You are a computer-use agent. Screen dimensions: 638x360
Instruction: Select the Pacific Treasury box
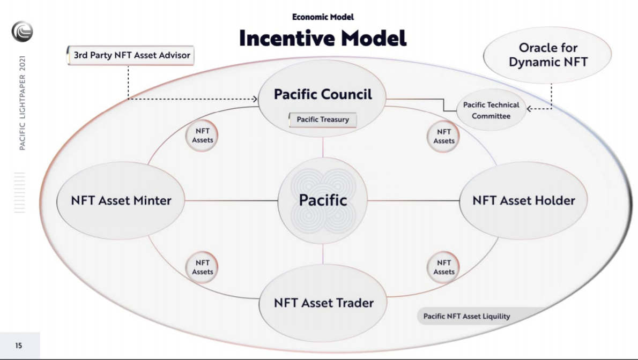323,119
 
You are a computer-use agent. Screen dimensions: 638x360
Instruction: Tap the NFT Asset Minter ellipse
121,200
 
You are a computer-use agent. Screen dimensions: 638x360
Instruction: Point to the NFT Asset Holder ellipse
523,200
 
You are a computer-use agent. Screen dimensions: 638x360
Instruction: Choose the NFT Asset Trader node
323,303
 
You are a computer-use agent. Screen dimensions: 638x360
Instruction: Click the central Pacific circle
323,200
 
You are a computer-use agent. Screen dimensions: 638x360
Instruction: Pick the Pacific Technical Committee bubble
491,110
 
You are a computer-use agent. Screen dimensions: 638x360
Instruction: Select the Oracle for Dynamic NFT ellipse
548,55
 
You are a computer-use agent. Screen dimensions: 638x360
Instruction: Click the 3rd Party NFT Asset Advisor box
130,55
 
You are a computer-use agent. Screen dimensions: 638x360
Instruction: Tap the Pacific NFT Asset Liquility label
466,316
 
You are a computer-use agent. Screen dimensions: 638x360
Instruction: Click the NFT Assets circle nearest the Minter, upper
202,136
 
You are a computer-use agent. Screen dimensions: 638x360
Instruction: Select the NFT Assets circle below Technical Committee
443,137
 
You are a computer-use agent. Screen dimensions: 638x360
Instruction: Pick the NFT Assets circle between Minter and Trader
202,267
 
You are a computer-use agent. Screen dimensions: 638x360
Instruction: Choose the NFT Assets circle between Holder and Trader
443,267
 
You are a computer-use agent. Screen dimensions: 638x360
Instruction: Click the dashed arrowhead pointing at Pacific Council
255,99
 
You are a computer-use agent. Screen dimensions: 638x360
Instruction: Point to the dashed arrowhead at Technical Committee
529,109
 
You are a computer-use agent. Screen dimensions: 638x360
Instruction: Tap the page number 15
19,346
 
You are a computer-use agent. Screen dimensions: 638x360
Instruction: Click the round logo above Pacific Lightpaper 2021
23,31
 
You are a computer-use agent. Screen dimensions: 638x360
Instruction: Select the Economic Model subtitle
323,17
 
